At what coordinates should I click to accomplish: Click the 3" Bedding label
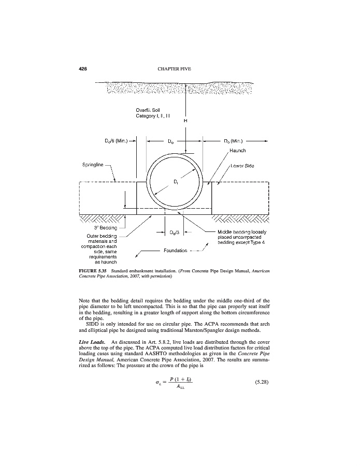(x=106, y=228)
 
